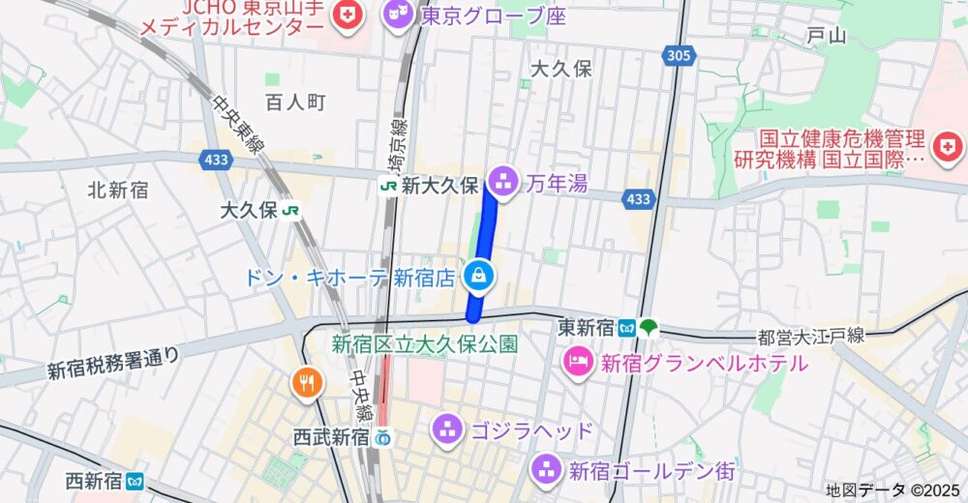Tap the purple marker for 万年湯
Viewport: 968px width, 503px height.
[502, 179]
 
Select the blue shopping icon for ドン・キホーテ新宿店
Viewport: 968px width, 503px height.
[478, 278]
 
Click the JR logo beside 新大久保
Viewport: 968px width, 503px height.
[388, 185]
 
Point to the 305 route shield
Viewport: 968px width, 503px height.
[680, 57]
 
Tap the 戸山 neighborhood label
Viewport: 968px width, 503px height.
[826, 37]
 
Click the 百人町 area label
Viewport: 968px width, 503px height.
[295, 103]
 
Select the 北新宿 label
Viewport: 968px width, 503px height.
[117, 190]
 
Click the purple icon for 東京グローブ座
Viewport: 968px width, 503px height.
[398, 14]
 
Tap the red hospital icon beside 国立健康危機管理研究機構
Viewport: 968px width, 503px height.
[951, 146]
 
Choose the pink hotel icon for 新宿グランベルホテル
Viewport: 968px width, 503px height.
[578, 363]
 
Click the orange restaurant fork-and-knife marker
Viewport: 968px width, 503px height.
[307, 382]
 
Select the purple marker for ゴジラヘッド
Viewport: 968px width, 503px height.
[446, 428]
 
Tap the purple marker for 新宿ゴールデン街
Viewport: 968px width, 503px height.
[546, 471]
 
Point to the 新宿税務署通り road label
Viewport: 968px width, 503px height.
[113, 363]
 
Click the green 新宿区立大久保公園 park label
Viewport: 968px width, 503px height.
[425, 343]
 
